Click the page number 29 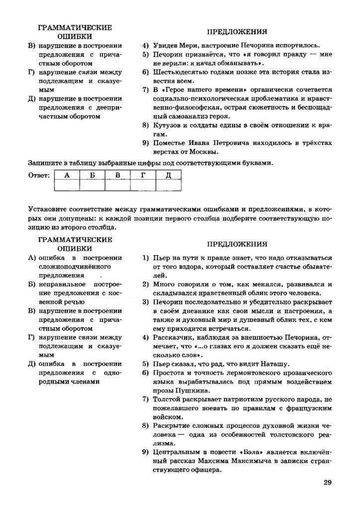click(327, 482)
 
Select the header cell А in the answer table click(67, 175)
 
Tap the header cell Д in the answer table click(168, 175)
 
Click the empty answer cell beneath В click(118, 185)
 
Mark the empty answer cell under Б click(93, 185)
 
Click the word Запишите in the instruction click(46, 162)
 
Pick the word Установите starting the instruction click(50, 208)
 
